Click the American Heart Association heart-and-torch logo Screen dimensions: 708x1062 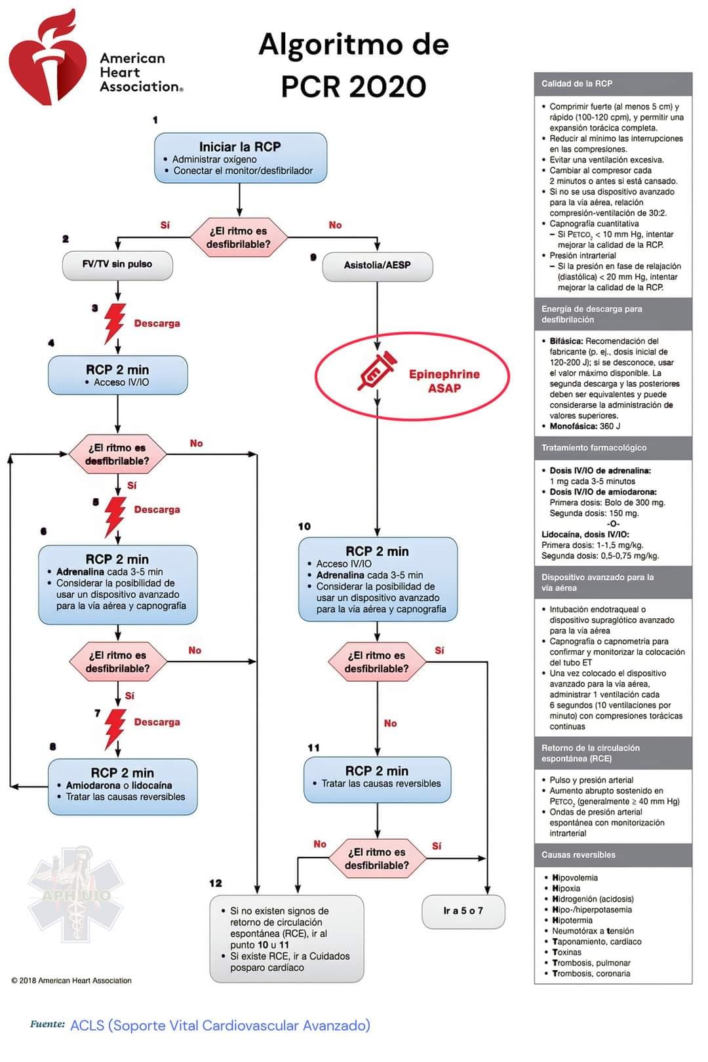click(47, 57)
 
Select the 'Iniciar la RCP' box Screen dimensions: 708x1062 click(241, 158)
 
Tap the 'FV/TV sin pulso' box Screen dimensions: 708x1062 click(117, 265)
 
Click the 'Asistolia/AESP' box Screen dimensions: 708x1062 click(378, 266)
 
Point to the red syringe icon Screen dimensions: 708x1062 click(377, 370)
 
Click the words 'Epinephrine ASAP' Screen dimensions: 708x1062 click(444, 381)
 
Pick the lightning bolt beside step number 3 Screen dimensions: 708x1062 click(115, 323)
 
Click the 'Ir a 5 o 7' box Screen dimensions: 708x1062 click(463, 912)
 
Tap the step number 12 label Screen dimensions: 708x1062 click(216, 883)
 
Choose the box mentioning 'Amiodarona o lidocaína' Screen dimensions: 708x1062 click(123, 787)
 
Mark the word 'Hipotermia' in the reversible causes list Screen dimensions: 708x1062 click(572, 920)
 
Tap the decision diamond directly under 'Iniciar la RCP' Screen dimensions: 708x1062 click(239, 237)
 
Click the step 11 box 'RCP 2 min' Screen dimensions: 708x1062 click(378, 779)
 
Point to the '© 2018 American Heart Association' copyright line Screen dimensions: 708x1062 click(71, 981)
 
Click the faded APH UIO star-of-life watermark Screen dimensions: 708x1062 click(76, 894)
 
